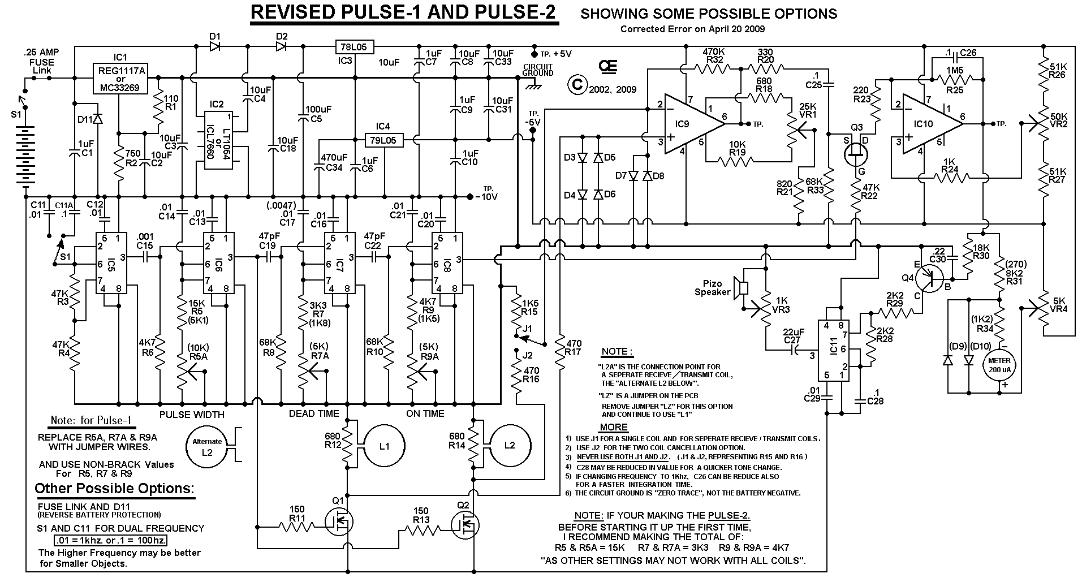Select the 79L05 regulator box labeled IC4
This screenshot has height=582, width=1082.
point(383,140)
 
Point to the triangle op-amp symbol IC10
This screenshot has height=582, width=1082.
point(925,123)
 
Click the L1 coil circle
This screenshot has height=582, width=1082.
point(384,446)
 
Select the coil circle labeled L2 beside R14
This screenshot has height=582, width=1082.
point(510,446)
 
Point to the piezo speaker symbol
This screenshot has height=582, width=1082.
point(740,288)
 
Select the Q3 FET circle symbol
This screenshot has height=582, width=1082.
point(856,153)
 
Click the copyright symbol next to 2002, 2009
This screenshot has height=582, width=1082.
point(577,85)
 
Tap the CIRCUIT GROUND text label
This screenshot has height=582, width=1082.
point(538,70)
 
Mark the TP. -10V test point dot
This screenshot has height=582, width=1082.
point(470,197)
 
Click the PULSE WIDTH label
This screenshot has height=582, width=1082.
point(192,415)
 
